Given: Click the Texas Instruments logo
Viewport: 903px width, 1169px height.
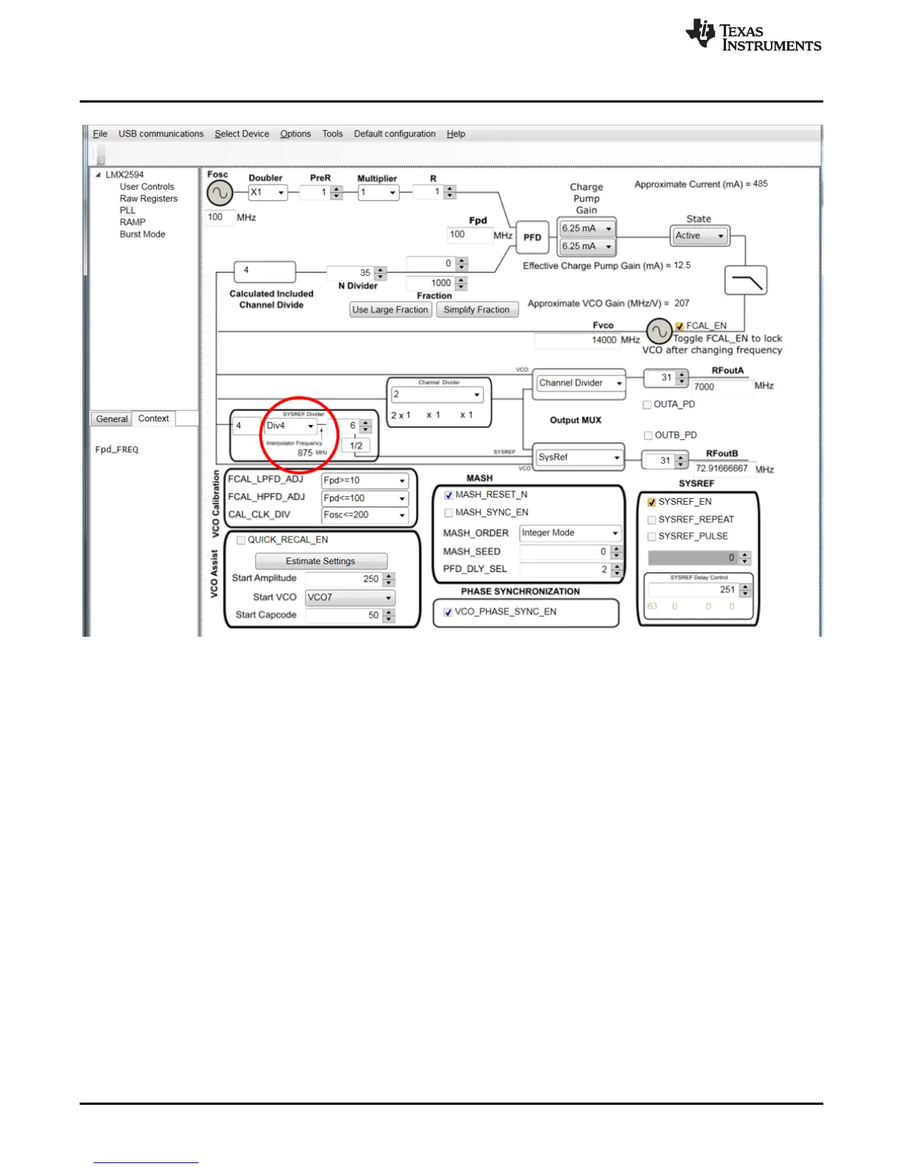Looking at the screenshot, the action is (x=752, y=36).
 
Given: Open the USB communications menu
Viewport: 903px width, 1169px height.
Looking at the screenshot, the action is (x=161, y=134).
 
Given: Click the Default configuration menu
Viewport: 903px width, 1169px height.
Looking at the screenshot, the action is (x=395, y=134).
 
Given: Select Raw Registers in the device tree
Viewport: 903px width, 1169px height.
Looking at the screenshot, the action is (x=148, y=199).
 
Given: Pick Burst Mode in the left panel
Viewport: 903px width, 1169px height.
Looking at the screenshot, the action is (x=142, y=234).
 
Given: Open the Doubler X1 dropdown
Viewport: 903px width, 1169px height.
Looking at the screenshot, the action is (x=267, y=193).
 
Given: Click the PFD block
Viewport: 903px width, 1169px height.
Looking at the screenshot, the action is (x=533, y=237).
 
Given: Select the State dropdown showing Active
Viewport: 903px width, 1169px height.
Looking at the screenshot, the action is (x=699, y=236).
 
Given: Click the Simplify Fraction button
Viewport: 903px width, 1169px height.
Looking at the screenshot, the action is (x=477, y=310).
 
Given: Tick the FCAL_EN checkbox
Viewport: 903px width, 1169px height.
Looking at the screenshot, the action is (x=679, y=326).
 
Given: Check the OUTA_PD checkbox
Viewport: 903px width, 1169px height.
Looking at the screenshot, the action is (x=647, y=404).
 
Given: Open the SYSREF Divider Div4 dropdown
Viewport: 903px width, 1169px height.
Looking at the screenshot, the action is (x=290, y=426).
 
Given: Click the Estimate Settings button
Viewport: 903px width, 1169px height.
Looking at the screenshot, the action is (x=320, y=561).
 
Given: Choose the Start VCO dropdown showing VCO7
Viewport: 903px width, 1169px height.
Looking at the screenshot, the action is (x=350, y=597).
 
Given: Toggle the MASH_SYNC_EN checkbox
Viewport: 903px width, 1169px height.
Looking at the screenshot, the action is (x=449, y=513).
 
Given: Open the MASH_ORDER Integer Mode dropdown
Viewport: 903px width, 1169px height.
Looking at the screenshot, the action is (x=570, y=533).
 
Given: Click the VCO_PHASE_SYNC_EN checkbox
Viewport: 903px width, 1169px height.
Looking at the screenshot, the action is (x=448, y=612).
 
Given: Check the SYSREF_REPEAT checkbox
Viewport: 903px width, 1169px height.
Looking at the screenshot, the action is (x=651, y=520).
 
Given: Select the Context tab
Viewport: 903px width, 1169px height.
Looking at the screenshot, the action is (x=153, y=418).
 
